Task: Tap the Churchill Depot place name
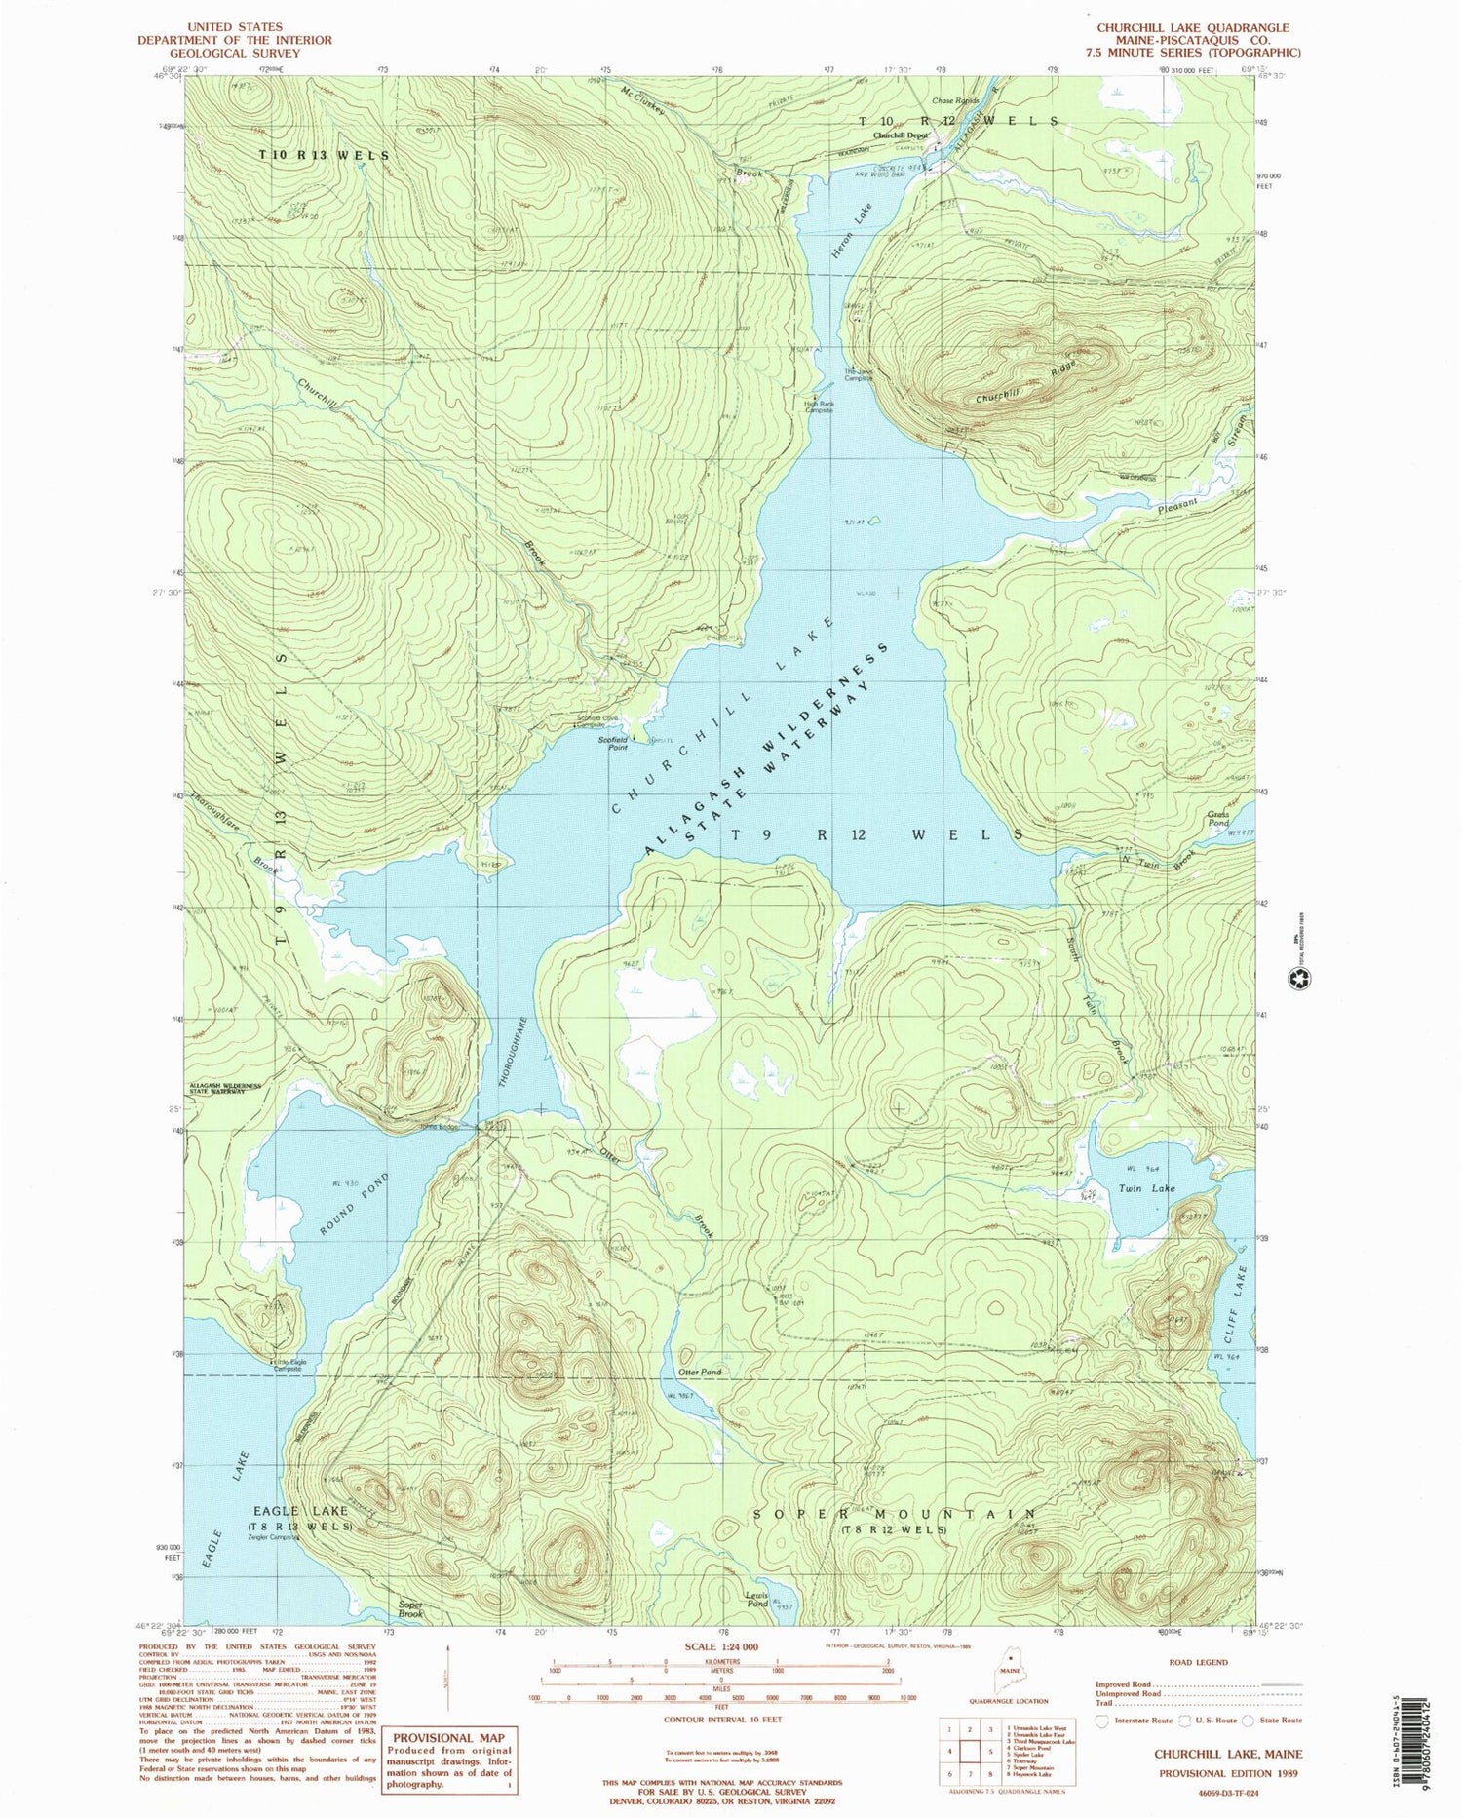pyautogui.click(x=901, y=135)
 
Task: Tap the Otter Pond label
pyautogui.click(x=700, y=1372)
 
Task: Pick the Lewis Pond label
pyautogui.click(x=757, y=1599)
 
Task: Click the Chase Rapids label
pyautogui.click(x=954, y=100)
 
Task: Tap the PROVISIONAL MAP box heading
pyautogui.click(x=448, y=1736)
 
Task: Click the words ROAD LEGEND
pyautogui.click(x=1198, y=1662)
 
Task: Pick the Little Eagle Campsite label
pyautogui.click(x=287, y=1365)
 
